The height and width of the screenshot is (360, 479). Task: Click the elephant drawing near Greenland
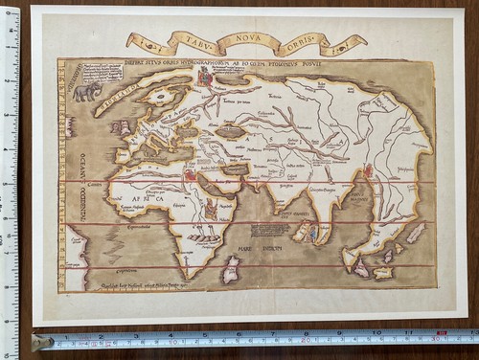click(87, 92)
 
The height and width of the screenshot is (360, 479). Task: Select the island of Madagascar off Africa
click(230, 269)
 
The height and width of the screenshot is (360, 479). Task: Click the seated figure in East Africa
click(211, 206)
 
